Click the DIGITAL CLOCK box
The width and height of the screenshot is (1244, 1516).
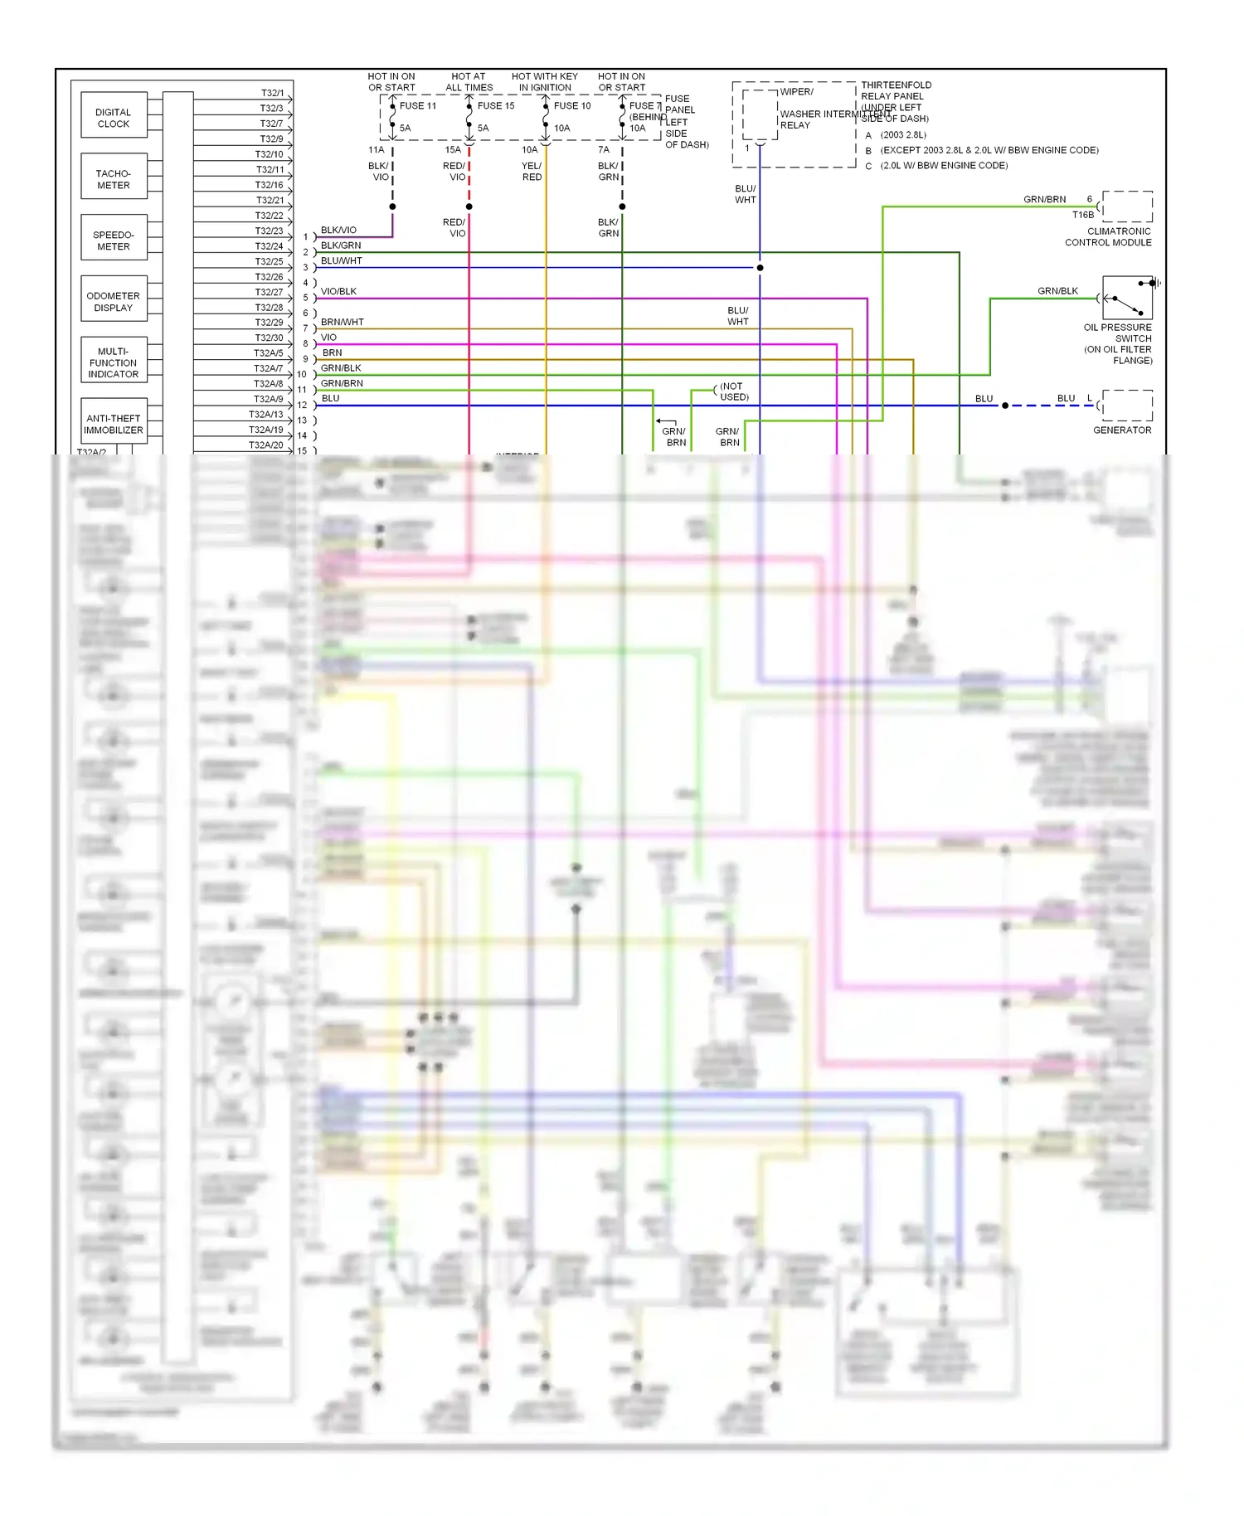(x=114, y=118)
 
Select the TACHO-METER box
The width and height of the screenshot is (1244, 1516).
(x=114, y=179)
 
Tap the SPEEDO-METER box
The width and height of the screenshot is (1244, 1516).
(x=114, y=241)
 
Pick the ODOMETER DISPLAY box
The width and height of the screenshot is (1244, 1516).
(x=114, y=301)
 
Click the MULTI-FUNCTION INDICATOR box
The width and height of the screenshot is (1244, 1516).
(x=114, y=362)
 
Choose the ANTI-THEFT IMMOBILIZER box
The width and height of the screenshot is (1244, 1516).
(x=114, y=424)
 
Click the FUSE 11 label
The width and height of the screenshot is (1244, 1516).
(x=417, y=106)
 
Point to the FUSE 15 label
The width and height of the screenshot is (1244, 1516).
(x=495, y=106)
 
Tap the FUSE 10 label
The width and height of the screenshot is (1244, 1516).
(x=572, y=106)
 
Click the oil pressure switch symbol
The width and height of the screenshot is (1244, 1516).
(x=1127, y=299)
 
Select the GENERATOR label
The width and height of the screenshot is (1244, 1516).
(x=1121, y=430)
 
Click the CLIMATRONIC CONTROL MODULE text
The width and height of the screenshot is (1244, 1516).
(x=1109, y=237)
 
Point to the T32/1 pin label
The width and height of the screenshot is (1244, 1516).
(x=272, y=93)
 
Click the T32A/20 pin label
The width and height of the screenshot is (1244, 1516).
(x=265, y=445)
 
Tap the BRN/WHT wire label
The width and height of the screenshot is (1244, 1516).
(x=342, y=322)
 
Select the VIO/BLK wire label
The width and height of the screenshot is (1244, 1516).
(x=338, y=291)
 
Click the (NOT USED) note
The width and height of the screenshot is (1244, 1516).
(x=733, y=391)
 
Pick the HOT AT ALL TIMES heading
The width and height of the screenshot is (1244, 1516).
(x=469, y=82)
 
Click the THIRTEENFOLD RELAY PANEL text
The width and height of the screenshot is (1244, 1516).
(x=895, y=90)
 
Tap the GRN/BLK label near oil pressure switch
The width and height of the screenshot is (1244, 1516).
(x=1057, y=291)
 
